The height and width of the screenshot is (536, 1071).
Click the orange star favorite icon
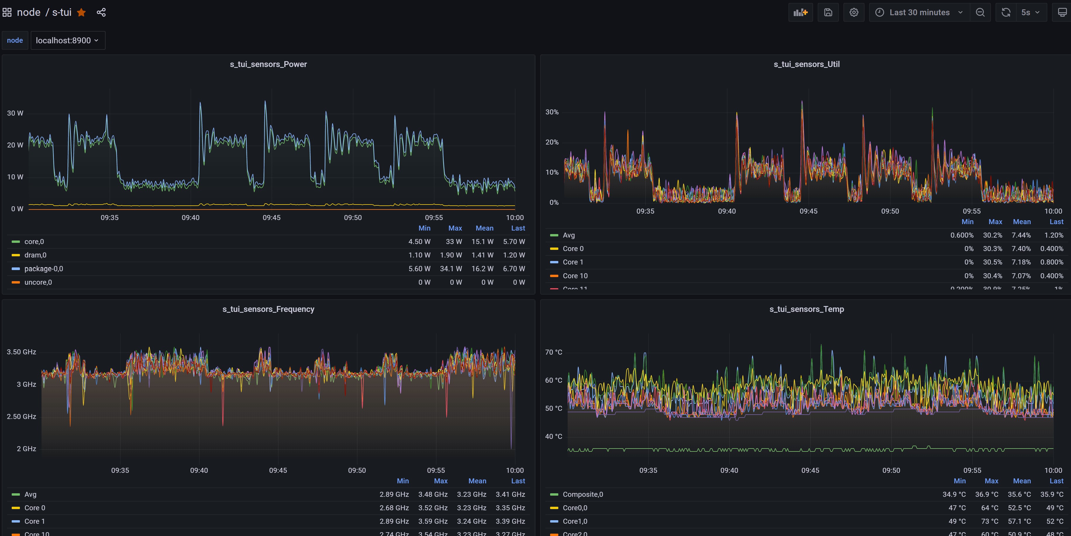(82, 13)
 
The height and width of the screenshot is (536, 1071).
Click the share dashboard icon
(101, 13)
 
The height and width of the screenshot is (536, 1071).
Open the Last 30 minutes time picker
(919, 13)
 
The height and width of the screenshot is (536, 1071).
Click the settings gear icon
(854, 13)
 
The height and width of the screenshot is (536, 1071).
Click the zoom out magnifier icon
(980, 13)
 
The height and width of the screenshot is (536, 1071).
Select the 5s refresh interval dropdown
(1030, 13)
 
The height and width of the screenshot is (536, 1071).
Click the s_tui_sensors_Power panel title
(268, 64)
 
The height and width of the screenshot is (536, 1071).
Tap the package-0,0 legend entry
(44, 269)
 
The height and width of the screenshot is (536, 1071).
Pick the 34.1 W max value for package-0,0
(451, 269)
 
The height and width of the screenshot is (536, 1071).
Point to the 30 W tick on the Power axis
(15, 113)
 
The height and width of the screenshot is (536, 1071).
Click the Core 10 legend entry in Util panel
(575, 276)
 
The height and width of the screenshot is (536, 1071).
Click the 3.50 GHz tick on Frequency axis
(21, 352)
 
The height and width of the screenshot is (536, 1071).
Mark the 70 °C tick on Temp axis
(553, 352)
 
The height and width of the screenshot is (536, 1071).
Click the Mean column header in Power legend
(484, 228)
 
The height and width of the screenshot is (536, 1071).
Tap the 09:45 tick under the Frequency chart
(278, 470)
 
